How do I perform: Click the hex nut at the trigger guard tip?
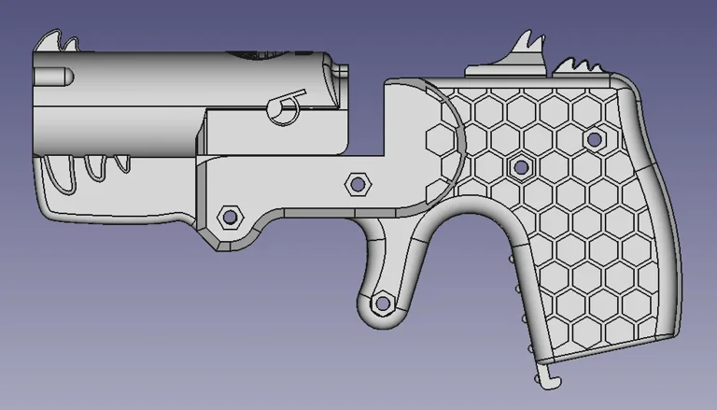point(382,304)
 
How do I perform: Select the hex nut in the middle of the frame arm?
point(356,182)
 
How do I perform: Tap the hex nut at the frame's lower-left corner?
point(228,218)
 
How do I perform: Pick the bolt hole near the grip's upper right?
point(593,139)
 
